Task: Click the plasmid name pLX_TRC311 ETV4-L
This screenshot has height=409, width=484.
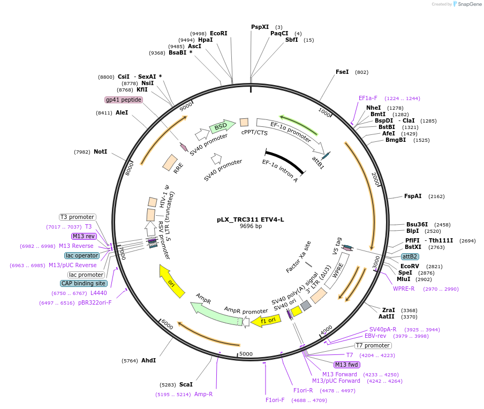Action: point(251,219)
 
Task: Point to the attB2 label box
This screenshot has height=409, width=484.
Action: point(410,257)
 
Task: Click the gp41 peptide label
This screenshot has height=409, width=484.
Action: point(124,100)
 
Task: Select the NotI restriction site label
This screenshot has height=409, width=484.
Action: point(100,152)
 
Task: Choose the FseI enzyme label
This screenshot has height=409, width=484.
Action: point(342,72)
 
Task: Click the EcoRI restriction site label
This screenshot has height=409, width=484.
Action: point(218,33)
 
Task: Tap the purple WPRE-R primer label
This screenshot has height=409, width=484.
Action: point(404,289)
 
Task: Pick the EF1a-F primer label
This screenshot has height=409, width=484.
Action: point(368,98)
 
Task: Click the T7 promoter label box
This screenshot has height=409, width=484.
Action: point(373,345)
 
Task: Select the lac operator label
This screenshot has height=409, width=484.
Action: point(82,255)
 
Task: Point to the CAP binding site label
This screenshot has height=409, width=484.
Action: point(84,283)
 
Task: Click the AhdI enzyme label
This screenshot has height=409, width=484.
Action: point(148,360)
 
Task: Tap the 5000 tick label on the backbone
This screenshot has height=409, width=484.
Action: point(246,354)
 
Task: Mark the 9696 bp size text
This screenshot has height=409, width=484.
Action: point(251,226)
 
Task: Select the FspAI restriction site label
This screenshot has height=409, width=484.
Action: point(413,196)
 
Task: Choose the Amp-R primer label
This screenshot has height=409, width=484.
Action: point(203,394)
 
